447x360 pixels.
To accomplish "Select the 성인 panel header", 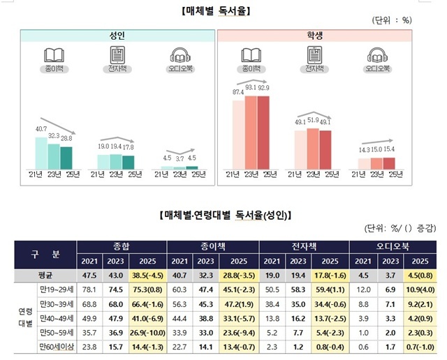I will click(x=117, y=36).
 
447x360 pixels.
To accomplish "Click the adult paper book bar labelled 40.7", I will click(x=41, y=153).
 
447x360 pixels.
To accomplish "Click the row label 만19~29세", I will click(x=52, y=289).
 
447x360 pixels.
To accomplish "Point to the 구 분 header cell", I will click(x=47, y=253).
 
